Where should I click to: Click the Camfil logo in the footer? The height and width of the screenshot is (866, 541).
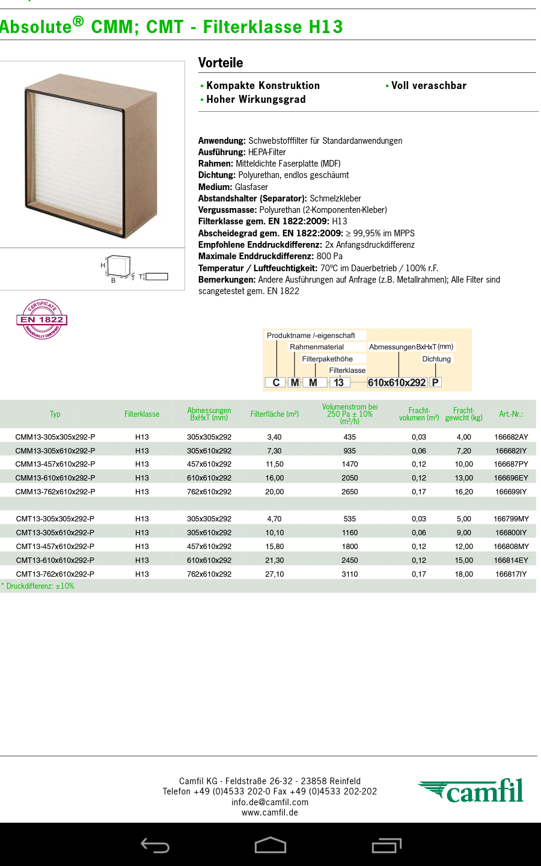click(x=472, y=791)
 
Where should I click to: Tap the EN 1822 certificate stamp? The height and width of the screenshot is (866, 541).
click(x=41, y=319)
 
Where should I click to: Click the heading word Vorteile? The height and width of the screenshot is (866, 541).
click(x=221, y=63)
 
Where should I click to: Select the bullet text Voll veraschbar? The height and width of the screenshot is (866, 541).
click(x=429, y=85)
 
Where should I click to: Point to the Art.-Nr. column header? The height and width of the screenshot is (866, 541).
click(x=511, y=414)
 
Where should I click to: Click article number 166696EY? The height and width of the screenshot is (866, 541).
click(x=511, y=478)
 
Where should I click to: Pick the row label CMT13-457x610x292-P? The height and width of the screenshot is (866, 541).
click(x=55, y=547)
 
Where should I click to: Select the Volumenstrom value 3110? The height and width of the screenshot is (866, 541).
click(x=350, y=574)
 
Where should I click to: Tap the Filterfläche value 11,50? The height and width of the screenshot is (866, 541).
click(x=275, y=464)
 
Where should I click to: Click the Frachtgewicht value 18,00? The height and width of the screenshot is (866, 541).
click(x=463, y=574)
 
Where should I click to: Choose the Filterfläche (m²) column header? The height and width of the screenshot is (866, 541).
click(x=275, y=414)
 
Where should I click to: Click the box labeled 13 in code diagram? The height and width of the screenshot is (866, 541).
click(x=339, y=382)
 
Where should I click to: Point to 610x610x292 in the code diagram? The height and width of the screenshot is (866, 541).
click(x=397, y=382)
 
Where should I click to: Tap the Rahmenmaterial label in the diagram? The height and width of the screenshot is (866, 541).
click(x=317, y=347)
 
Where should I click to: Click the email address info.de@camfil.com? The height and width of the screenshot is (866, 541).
click(x=270, y=802)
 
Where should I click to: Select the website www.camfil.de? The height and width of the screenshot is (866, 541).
click(x=270, y=812)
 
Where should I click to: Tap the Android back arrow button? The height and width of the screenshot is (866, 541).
click(x=155, y=846)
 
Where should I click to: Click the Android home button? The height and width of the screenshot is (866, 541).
click(x=270, y=846)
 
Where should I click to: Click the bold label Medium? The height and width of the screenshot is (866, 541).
click(x=215, y=187)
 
